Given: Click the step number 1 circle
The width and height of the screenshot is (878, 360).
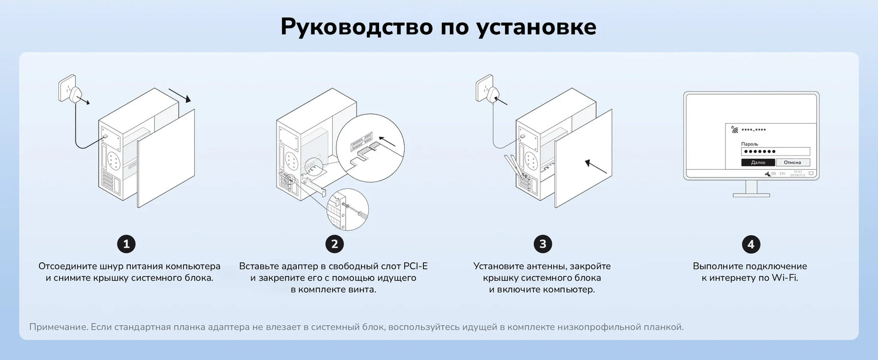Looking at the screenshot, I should point(126,244).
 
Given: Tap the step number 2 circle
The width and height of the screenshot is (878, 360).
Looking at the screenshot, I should point(334,244).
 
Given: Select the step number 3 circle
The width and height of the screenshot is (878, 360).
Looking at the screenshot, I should point(543,244).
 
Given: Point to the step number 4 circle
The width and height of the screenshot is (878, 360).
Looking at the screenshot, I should point(750,244).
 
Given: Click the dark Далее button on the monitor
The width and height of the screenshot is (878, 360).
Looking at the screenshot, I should point(758,163).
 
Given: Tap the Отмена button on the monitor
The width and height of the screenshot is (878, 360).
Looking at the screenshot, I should point(793,163).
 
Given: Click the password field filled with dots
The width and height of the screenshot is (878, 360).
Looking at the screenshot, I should point(775,152).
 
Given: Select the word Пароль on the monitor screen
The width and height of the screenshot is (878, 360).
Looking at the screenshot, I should point(750,144).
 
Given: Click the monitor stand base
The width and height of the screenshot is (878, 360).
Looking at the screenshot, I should point(751,194).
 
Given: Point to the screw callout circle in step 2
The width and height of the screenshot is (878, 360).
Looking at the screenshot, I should point(347,210).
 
